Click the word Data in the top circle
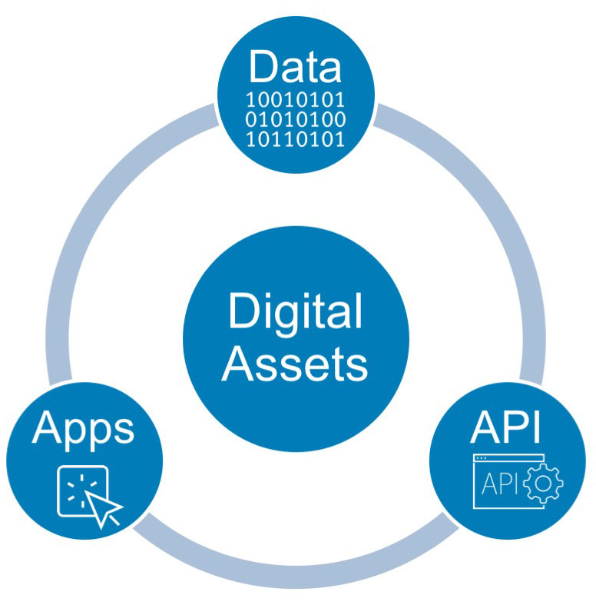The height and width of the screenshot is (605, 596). coord(295,67)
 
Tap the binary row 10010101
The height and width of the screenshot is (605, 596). coord(296,101)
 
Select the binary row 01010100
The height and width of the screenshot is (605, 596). coord(296,121)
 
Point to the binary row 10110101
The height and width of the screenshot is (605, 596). coord(296,140)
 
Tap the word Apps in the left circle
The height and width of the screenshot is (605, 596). coord(84,428)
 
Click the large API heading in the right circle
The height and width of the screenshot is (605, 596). coord(505,428)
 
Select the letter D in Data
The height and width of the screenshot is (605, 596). coord(261,67)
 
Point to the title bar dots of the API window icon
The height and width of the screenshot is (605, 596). coord(482,460)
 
